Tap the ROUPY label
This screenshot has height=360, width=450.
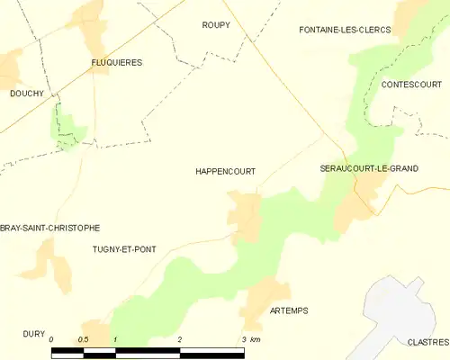click(x=216, y=25)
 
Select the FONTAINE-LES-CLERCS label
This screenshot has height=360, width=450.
click(x=345, y=30)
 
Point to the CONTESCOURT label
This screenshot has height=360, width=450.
click(x=409, y=84)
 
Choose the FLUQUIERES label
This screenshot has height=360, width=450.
click(x=117, y=62)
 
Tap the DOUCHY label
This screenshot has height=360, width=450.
click(x=27, y=93)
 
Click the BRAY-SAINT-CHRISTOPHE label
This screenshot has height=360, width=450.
click(x=50, y=228)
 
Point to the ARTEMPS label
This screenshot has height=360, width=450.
click(x=289, y=310)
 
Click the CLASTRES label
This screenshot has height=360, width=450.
click(x=427, y=342)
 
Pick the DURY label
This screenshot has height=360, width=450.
click(x=34, y=333)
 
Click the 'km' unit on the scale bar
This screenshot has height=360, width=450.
click(x=256, y=339)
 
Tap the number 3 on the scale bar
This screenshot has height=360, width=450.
click(x=244, y=339)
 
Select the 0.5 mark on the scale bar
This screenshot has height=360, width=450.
click(x=83, y=339)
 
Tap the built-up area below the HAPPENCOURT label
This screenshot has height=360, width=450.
click(x=245, y=214)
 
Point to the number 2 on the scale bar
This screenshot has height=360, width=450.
click(x=180, y=339)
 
